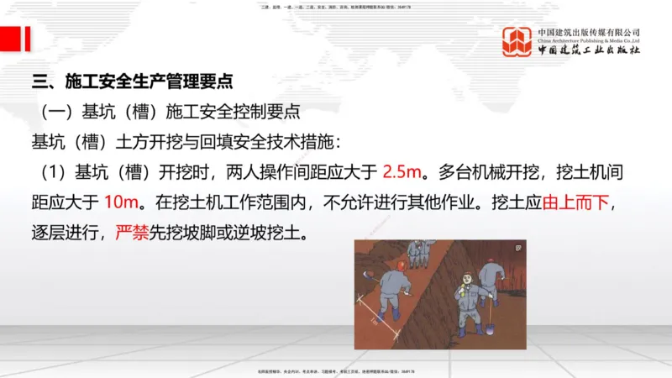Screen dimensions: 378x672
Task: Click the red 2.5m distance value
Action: [401, 172]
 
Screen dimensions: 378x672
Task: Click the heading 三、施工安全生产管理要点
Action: [132, 82]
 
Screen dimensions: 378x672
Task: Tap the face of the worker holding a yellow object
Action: [466, 278]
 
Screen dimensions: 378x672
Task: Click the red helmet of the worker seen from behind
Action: [402, 265]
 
